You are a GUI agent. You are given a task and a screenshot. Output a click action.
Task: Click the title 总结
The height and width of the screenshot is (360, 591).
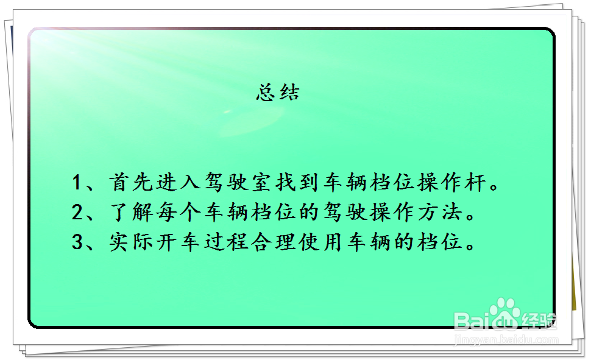point(278,93)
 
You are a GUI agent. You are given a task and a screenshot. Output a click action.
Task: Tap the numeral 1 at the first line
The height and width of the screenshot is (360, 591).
point(77,182)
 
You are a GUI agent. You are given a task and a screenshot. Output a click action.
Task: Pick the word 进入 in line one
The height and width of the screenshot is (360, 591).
point(177,182)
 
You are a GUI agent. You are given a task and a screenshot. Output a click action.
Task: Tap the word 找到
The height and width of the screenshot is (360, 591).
point(297,182)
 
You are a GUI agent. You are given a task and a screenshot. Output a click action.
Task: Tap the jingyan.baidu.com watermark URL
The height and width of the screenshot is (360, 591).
point(506,340)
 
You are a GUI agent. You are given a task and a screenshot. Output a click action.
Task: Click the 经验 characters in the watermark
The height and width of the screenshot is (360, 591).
point(539,319)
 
